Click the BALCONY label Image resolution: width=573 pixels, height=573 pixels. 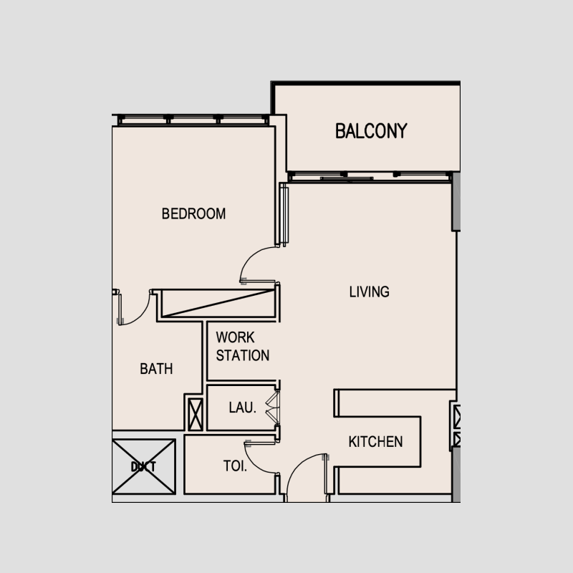[371, 131]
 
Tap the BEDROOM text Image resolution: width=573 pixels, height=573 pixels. [193, 213]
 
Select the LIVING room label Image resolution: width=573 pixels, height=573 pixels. [369, 292]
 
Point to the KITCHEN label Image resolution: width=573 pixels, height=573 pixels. [375, 442]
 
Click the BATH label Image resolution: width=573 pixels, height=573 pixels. [156, 369]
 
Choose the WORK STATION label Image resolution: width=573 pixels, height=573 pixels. [243, 346]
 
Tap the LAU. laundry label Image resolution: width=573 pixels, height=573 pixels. [243, 408]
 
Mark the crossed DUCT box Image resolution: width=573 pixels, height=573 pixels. [144, 466]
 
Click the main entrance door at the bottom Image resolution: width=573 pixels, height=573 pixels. [306, 476]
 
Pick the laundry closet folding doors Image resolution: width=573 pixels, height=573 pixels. [271, 408]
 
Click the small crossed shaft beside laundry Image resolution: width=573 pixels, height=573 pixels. [195, 413]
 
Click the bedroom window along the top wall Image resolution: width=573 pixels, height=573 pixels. [193, 120]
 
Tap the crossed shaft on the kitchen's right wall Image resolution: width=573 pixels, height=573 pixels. [456, 425]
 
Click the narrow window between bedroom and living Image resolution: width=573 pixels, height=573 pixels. [284, 215]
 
